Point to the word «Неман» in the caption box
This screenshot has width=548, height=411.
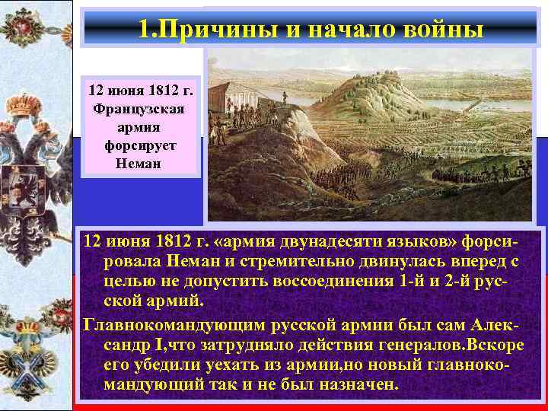[138, 163]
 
